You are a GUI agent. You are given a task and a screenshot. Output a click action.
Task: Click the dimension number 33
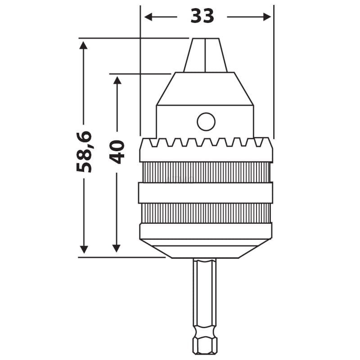coord(202,16)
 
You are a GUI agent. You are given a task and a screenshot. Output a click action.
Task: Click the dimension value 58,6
coord(84,152)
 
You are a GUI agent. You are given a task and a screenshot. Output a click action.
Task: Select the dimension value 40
coord(117,152)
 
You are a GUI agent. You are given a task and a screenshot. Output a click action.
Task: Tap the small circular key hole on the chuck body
coord(206,121)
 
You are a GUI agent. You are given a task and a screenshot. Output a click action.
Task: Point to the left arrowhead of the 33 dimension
coord(148,17)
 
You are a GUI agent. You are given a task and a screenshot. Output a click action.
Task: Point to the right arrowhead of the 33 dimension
coord(267,17)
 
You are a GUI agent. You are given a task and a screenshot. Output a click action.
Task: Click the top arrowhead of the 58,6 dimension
coord(83,45)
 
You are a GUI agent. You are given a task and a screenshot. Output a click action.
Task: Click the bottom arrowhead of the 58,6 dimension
coord(84,250)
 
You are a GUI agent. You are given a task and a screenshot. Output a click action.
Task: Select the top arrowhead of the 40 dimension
coord(117,80)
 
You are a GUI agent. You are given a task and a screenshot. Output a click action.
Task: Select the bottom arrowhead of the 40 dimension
coord(117,248)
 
